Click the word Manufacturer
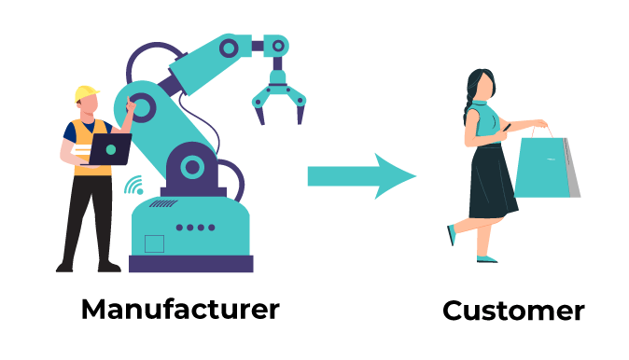(x=180, y=309)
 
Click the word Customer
(x=513, y=311)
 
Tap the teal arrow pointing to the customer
(x=362, y=176)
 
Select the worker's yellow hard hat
(x=86, y=93)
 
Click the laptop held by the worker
(x=109, y=149)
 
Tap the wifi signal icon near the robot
(x=133, y=185)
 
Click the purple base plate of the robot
(x=191, y=264)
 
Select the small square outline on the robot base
(x=154, y=243)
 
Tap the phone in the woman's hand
(x=507, y=128)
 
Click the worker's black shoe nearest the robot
(x=109, y=267)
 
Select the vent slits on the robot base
(x=163, y=203)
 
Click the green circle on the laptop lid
(x=111, y=149)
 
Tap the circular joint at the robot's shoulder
(x=141, y=107)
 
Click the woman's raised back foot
(x=452, y=235)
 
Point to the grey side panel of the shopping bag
(x=573, y=169)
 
